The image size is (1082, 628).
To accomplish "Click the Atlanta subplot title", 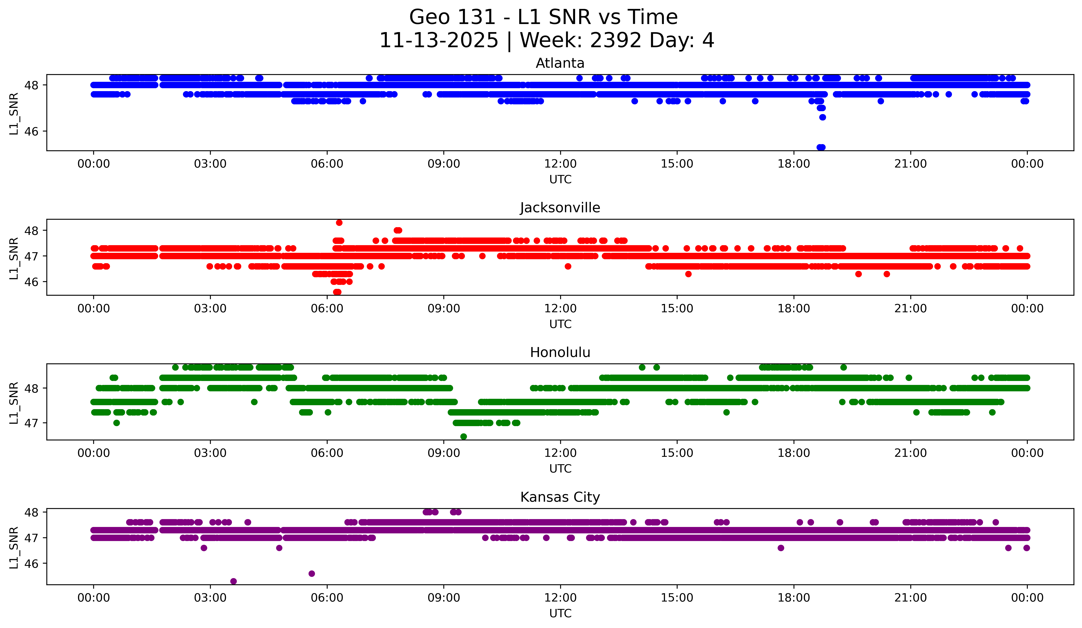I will pyautogui.click(x=560, y=63).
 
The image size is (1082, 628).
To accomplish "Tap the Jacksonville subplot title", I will pyautogui.click(x=560, y=208).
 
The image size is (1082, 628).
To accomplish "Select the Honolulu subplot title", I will pyautogui.click(x=560, y=352).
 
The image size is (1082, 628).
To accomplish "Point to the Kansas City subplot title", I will pyautogui.click(x=560, y=497).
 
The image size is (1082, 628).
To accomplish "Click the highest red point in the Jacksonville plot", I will pyautogui.click(x=339, y=222).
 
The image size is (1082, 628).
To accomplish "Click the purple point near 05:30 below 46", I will pyautogui.click(x=312, y=574).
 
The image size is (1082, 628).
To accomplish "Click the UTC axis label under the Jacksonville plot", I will pyautogui.click(x=560, y=324).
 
